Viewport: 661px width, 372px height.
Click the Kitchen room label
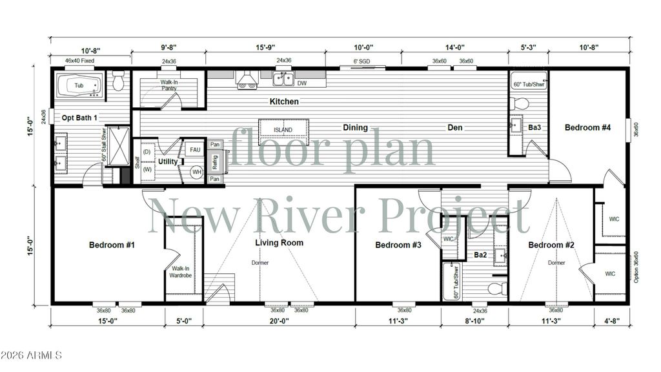[x=284, y=101]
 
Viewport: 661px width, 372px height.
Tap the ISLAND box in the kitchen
[x=283, y=130]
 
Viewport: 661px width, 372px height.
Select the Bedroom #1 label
[x=112, y=245]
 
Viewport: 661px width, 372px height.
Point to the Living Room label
[x=279, y=243]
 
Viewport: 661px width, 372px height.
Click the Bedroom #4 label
[x=587, y=127]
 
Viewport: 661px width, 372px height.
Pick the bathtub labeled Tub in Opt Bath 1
[x=79, y=85]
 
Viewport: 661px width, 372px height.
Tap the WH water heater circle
[x=197, y=172]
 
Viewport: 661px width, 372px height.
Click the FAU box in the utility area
[x=196, y=149]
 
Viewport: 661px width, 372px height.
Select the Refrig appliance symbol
[x=216, y=161]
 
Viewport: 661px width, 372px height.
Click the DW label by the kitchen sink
[x=302, y=83]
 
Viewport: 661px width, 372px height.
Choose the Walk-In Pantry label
[x=169, y=85]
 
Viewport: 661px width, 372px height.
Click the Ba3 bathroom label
[x=534, y=127]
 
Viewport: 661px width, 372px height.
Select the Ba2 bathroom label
[x=480, y=255]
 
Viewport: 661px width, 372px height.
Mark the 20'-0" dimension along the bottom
[x=279, y=321]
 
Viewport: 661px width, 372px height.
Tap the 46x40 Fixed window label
[x=79, y=61]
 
